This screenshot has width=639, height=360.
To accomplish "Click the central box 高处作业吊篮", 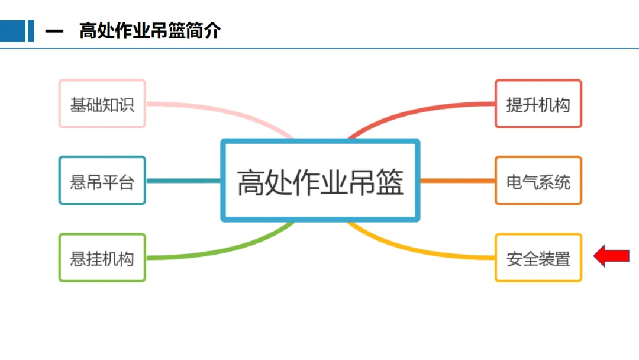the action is (x=320, y=181).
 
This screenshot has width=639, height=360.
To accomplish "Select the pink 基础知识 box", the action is (x=102, y=104).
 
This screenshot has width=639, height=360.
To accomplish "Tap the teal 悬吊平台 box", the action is (x=102, y=181).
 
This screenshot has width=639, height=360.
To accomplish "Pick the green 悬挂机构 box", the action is (x=102, y=258).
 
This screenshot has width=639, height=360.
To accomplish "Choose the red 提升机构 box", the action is (x=538, y=104).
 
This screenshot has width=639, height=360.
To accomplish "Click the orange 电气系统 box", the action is (x=538, y=181).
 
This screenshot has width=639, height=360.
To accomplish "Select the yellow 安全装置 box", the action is (x=538, y=258).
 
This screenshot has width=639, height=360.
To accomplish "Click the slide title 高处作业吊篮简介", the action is (x=150, y=31).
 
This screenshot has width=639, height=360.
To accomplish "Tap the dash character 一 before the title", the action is (x=54, y=31).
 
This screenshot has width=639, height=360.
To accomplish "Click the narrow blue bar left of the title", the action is (x=31, y=31).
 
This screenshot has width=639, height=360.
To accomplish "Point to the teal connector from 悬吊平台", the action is (x=183, y=181).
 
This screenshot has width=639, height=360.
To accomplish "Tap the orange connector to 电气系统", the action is (x=457, y=181).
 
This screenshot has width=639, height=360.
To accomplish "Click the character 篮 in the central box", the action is (x=389, y=182).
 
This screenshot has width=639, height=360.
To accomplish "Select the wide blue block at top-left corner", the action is (x=12, y=31).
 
